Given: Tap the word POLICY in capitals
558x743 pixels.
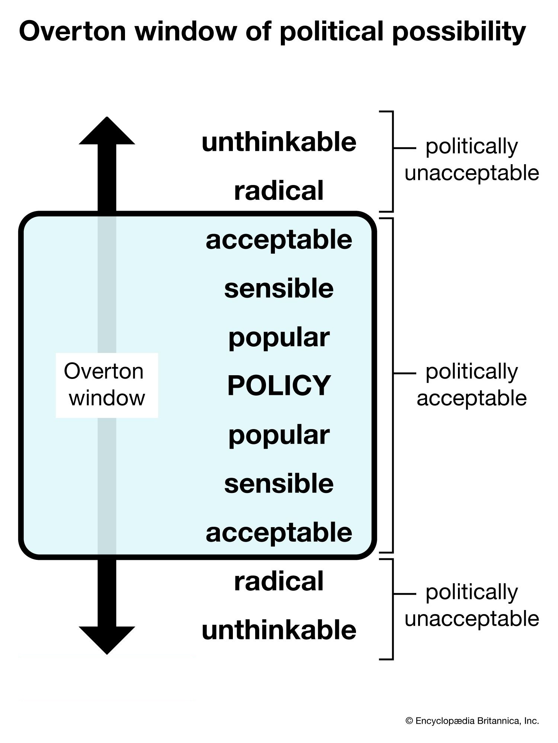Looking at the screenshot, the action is pos(279,385).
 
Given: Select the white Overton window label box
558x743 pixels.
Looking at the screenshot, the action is pos(107,385).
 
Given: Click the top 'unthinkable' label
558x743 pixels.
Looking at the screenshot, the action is pos(279,142).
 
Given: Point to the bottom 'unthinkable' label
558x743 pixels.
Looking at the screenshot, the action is pos(279,630).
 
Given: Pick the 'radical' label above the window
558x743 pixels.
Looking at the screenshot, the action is pos(279,191).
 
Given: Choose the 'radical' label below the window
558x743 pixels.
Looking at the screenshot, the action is pos(279,581).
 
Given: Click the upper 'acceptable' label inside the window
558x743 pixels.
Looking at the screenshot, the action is pos(279,240).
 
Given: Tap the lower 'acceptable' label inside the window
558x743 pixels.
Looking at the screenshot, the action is pos(279,533).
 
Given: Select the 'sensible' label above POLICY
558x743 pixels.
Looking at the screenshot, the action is pos(279,288).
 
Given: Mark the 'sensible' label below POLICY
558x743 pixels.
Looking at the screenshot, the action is pos(279,484).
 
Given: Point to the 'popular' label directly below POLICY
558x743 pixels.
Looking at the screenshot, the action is pos(279,436).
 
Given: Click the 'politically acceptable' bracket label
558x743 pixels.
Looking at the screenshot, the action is pos(472,385).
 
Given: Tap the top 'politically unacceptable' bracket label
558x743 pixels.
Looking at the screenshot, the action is pos(472,160).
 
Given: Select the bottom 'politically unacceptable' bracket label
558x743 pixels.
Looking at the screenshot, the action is pos(472,605).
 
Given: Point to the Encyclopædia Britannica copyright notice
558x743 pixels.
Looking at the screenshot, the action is pos(472,721).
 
